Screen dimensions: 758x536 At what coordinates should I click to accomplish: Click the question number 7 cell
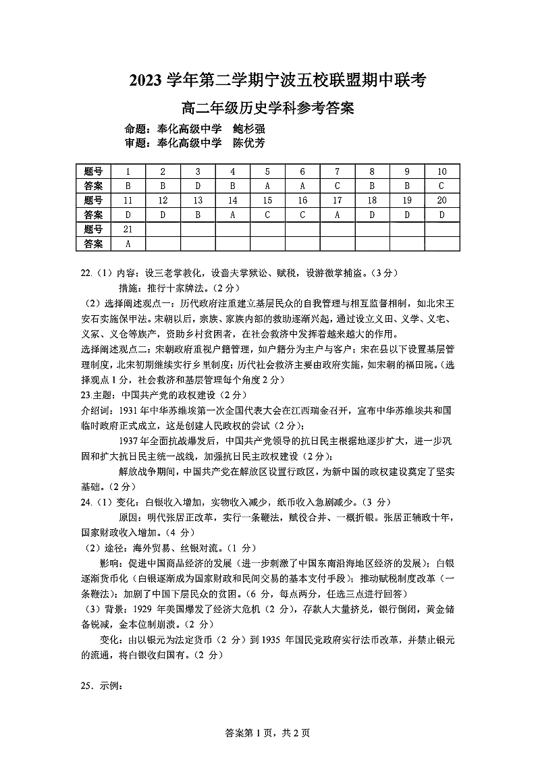(337, 171)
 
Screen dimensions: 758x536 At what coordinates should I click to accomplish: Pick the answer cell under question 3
(197, 186)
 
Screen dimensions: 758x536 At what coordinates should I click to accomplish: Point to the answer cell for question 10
(441, 186)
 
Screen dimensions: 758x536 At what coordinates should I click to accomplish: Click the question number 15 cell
(267, 200)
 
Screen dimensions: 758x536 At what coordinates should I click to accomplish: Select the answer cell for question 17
(337, 215)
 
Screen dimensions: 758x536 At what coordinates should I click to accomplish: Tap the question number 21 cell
(128, 229)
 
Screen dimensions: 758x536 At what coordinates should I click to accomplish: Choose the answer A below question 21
(128, 244)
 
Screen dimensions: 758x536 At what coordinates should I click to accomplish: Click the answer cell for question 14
(232, 215)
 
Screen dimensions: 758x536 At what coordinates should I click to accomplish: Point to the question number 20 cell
(441, 200)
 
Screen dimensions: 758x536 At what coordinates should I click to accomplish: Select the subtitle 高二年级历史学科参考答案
(268, 107)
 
